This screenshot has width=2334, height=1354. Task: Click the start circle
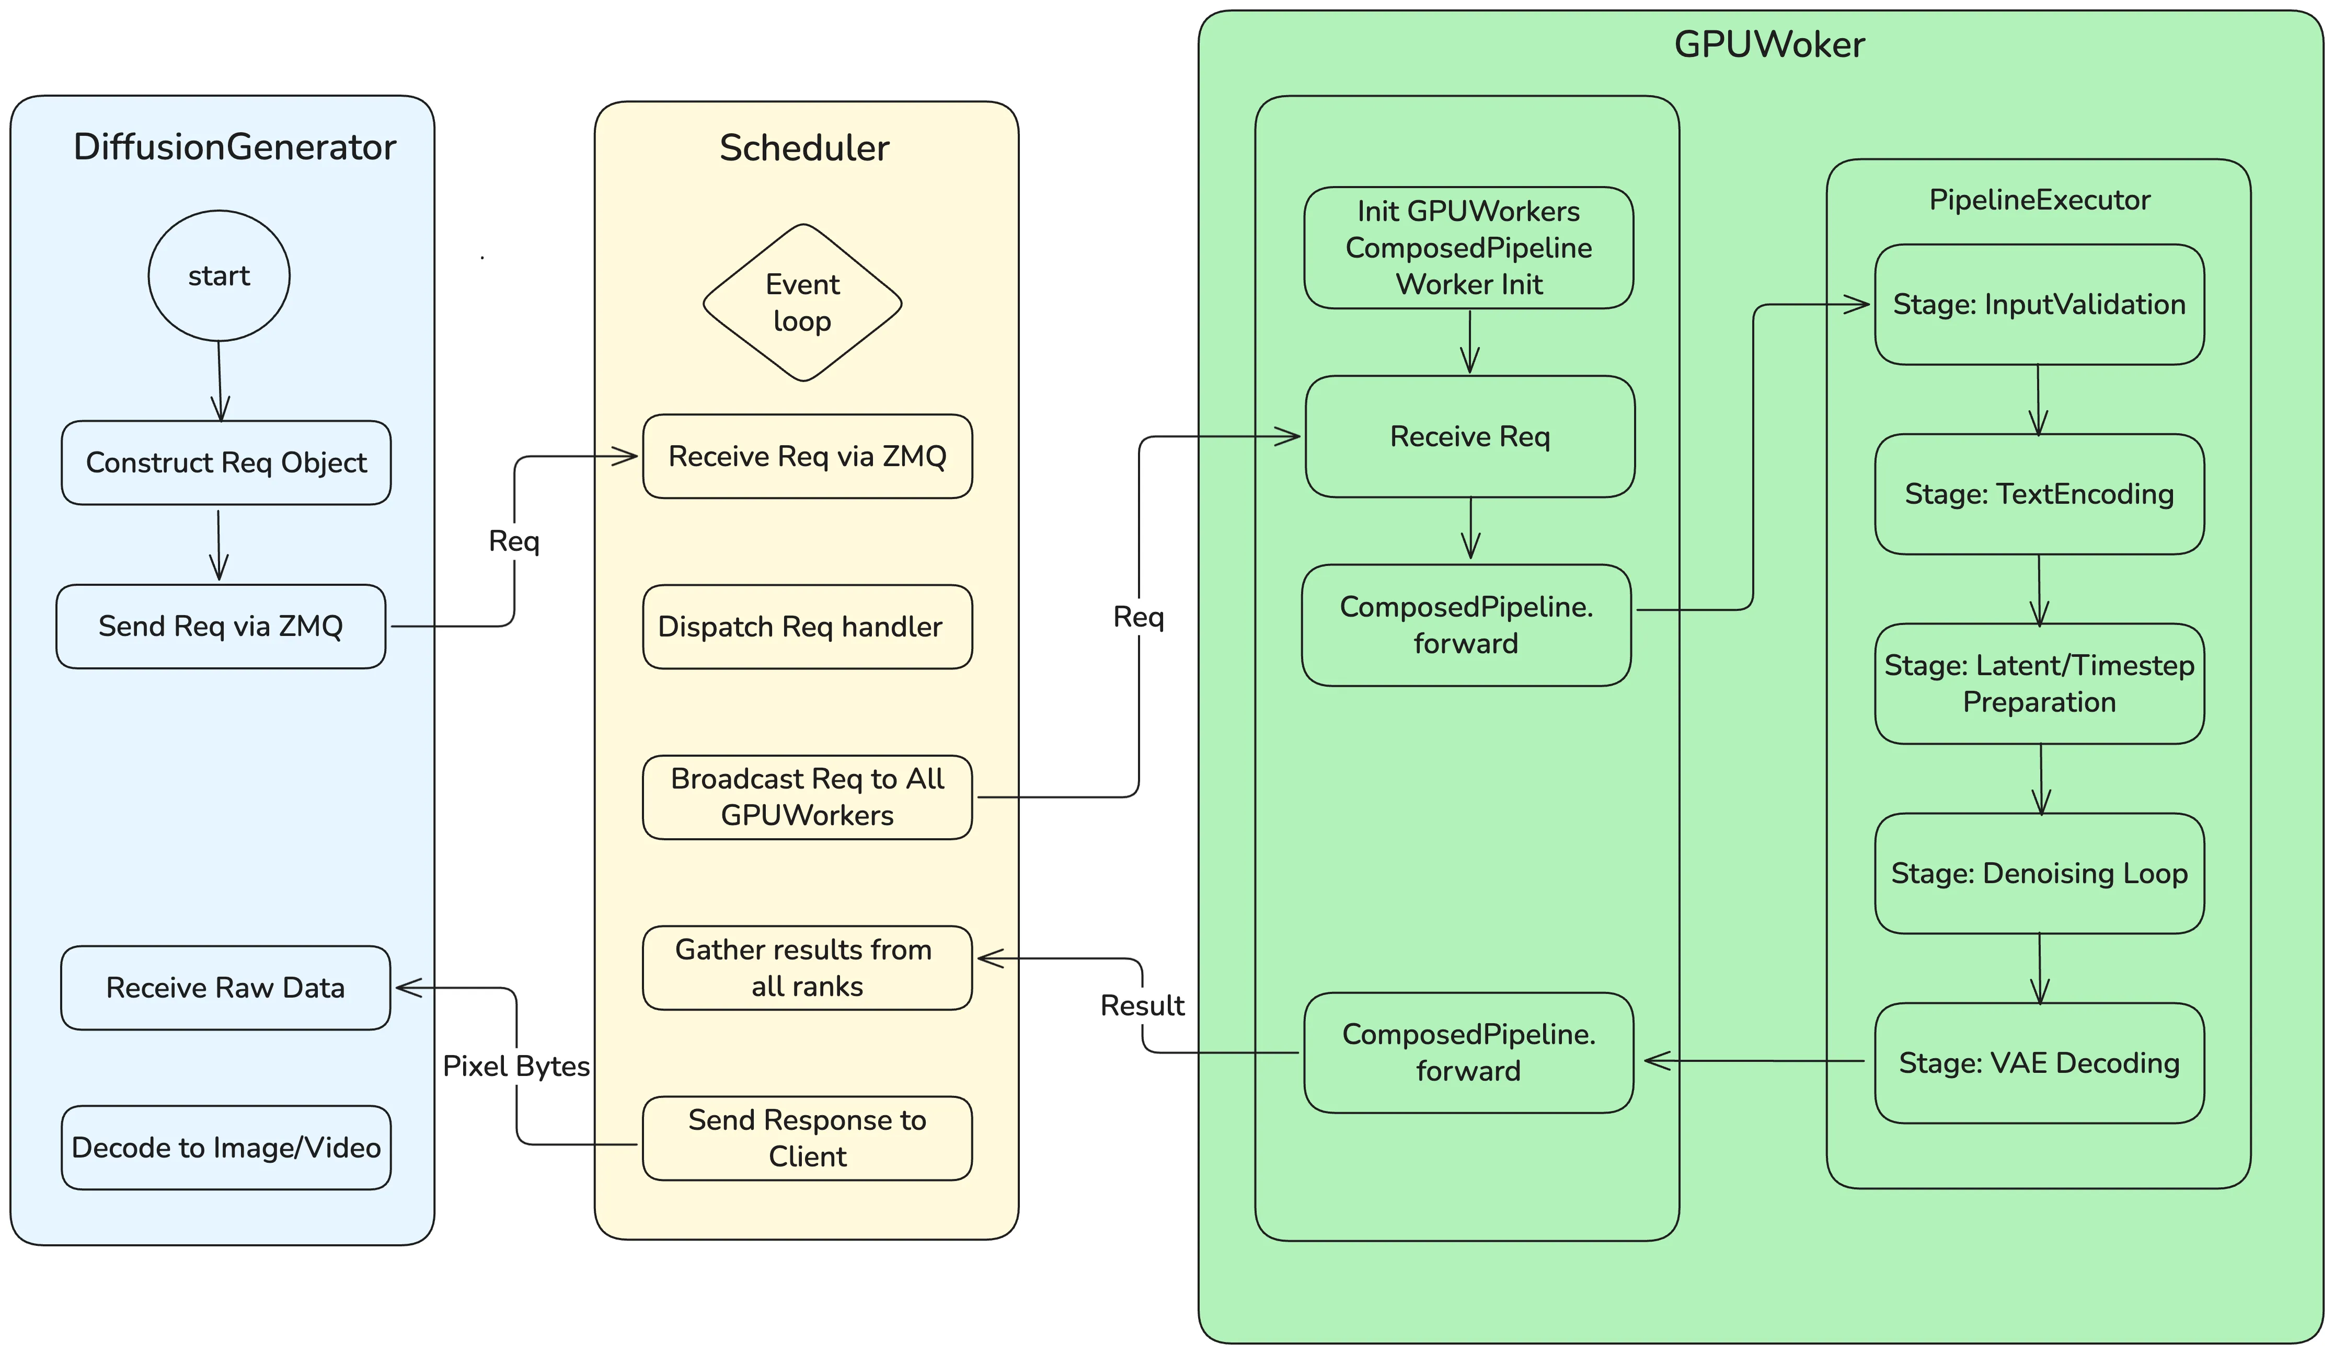[x=220, y=276]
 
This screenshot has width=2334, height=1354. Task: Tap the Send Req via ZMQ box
[x=221, y=626]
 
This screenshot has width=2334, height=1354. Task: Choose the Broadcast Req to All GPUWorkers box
[x=808, y=797]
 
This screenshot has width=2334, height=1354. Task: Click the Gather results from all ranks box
[x=808, y=968]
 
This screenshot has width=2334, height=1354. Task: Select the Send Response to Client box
[x=808, y=1138]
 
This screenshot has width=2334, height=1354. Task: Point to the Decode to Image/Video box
[x=226, y=1148]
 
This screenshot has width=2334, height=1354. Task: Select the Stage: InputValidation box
[x=2040, y=305]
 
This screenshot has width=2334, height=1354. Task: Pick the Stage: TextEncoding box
[x=2040, y=494]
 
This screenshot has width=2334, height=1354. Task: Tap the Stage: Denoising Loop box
[x=2040, y=873]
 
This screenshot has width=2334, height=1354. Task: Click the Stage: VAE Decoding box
[x=2040, y=1063]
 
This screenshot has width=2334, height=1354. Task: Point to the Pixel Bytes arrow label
[x=516, y=1066]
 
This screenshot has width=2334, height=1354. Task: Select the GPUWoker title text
[x=1769, y=44]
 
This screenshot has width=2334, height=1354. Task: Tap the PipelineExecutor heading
[x=2040, y=200]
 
